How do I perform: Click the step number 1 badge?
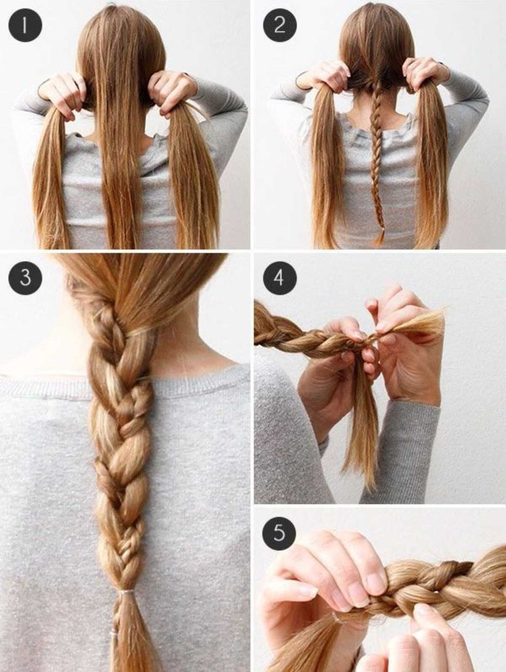pyautogui.click(x=25, y=25)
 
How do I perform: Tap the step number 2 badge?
pyautogui.click(x=280, y=25)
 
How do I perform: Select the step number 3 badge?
pyautogui.click(x=25, y=278)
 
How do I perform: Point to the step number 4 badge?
pyautogui.click(x=280, y=278)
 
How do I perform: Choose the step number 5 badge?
pyautogui.click(x=280, y=533)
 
